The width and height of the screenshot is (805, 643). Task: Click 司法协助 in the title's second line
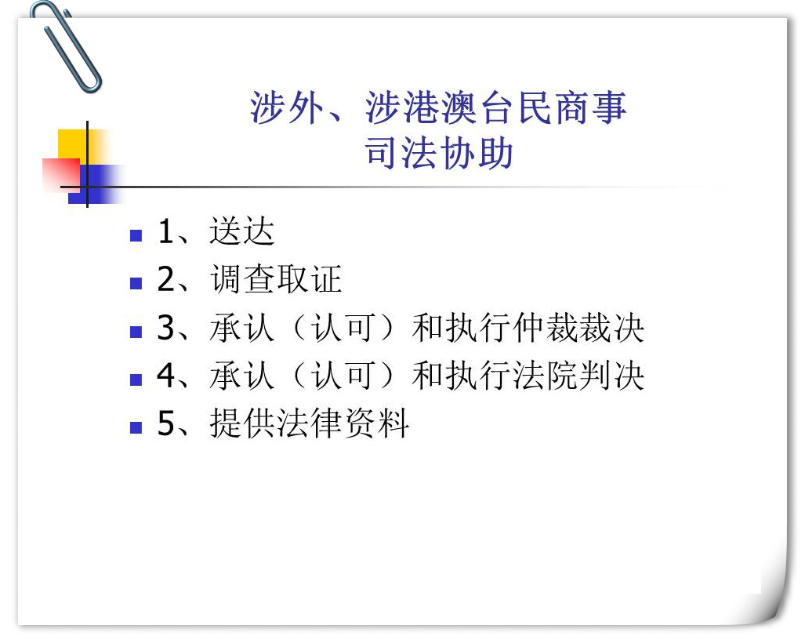click(x=439, y=153)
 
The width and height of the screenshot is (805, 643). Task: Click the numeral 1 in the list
click(x=165, y=231)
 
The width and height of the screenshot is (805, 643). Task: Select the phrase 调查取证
click(x=276, y=279)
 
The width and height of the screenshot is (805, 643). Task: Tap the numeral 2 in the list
click(x=166, y=279)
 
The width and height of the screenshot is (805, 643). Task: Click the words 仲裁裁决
click(x=578, y=327)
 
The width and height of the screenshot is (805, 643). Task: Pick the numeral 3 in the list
click(x=166, y=327)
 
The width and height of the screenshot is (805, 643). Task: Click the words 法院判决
click(x=578, y=376)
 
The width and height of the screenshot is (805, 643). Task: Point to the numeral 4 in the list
click(x=166, y=376)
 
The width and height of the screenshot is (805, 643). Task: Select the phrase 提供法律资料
click(x=310, y=423)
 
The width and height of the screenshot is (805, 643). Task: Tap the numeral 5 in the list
click(x=166, y=423)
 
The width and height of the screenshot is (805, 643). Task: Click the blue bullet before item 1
click(x=136, y=235)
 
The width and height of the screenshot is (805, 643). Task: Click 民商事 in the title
click(x=572, y=107)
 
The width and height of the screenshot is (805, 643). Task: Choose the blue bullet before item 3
click(x=136, y=332)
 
